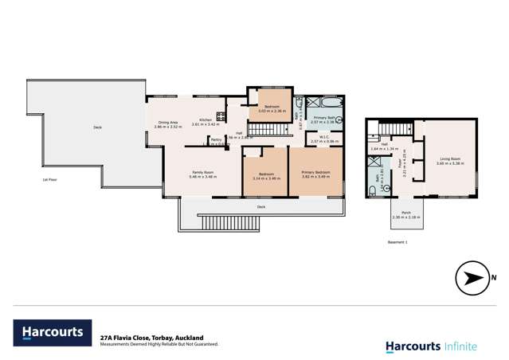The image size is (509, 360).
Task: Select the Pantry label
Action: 216,139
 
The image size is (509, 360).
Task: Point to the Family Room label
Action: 202,172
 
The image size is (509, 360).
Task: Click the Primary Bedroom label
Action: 316,172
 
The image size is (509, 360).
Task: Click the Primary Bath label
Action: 323,117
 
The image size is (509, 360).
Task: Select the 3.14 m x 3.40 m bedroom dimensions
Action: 264,178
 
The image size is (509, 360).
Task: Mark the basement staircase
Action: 394,130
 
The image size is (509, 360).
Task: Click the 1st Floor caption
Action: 53,180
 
